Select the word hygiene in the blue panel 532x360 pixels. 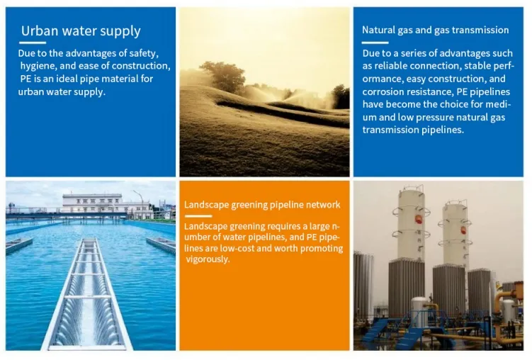click(x=39, y=66)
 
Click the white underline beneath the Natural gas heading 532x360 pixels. click(x=375, y=43)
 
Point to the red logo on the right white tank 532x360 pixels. click(x=463, y=229)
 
